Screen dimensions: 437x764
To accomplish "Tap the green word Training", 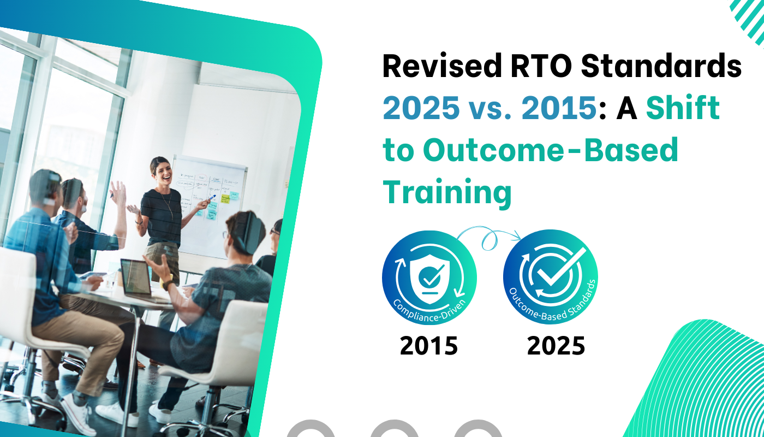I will (447, 192).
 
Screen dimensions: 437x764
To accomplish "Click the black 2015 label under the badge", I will (428, 346).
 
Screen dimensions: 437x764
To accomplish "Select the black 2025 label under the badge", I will (556, 346).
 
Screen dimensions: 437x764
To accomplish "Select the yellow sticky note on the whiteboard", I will (234, 195).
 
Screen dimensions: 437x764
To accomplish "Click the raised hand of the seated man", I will (117, 192).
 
